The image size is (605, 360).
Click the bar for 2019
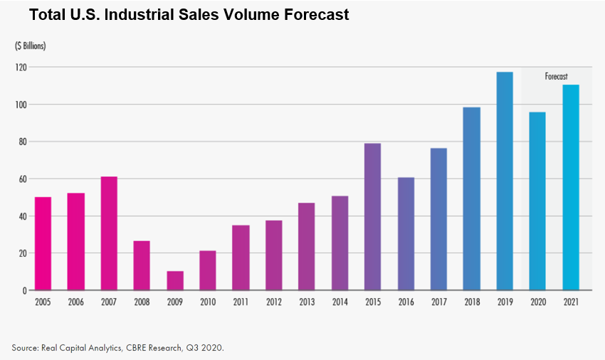pos(505,181)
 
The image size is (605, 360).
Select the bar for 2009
pos(175,280)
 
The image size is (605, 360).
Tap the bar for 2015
pos(372,217)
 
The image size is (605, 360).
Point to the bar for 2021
pos(571,188)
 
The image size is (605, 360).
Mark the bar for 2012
pos(273,255)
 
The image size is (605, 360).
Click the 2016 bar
pos(406,234)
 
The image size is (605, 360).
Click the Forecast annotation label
pos(557,76)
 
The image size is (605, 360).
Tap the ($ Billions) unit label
pos(31,46)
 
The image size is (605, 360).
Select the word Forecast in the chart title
pos(313,14)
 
